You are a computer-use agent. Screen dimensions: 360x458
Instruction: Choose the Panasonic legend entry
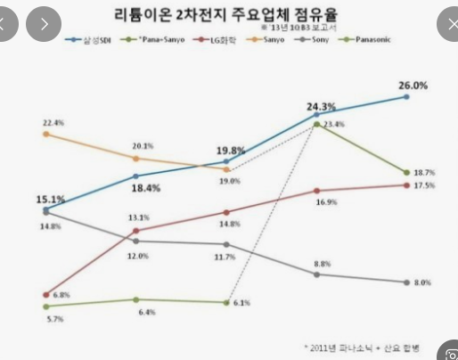[x=373, y=41]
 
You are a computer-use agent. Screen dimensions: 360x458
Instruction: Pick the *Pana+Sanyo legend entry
[x=156, y=41]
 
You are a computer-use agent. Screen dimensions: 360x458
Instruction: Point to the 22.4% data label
[x=53, y=122]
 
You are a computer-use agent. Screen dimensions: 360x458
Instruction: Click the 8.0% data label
[x=422, y=282]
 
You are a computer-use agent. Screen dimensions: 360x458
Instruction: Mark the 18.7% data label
[x=423, y=172]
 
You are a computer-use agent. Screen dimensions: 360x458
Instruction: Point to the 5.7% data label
[x=53, y=318]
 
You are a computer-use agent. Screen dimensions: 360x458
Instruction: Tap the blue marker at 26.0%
[x=407, y=96]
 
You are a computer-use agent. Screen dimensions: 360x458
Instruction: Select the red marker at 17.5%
[x=407, y=184]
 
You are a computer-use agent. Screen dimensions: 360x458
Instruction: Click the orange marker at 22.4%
[x=45, y=134]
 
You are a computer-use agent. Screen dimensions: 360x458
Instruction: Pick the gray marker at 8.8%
[x=317, y=274]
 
